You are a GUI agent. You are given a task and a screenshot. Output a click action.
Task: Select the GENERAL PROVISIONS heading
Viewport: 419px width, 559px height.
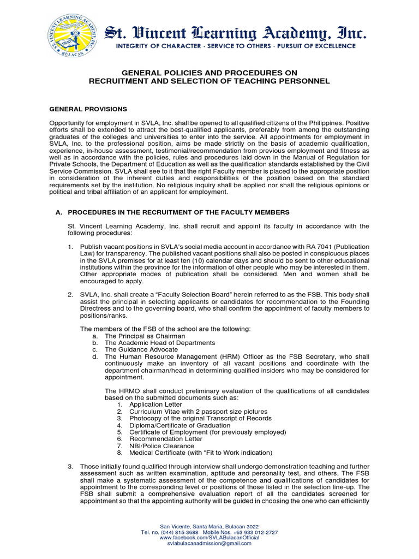tap(88, 109)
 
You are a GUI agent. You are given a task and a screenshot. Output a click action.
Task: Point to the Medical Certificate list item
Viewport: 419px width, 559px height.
tap(200, 453)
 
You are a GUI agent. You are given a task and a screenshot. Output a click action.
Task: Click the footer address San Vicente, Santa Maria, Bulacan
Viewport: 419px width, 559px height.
tap(209, 526)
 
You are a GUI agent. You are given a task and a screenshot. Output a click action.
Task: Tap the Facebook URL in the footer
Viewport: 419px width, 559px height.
tap(209, 538)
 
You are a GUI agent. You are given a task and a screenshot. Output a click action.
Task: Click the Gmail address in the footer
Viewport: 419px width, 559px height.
tap(209, 544)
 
